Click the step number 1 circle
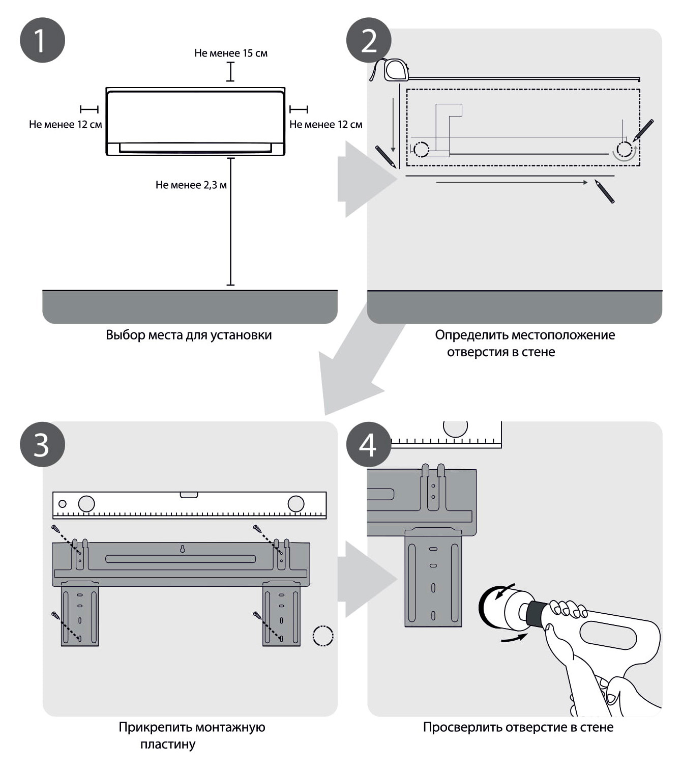(x=42, y=40)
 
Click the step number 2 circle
(x=369, y=40)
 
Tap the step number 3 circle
(x=42, y=444)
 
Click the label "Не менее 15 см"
(x=231, y=53)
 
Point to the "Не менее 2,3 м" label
(x=191, y=185)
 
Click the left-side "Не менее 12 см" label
(x=65, y=124)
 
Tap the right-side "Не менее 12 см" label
(x=325, y=124)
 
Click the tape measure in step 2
(x=396, y=70)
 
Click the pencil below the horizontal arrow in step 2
(x=604, y=191)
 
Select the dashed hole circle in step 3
(x=322, y=635)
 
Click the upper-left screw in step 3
(x=56, y=529)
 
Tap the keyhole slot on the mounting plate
(x=182, y=549)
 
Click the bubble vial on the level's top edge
(x=189, y=494)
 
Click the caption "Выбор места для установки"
(x=189, y=335)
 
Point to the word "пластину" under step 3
(x=168, y=744)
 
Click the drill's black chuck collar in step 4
(x=534, y=613)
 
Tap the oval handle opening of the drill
(x=608, y=635)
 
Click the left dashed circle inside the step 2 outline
(x=421, y=150)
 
